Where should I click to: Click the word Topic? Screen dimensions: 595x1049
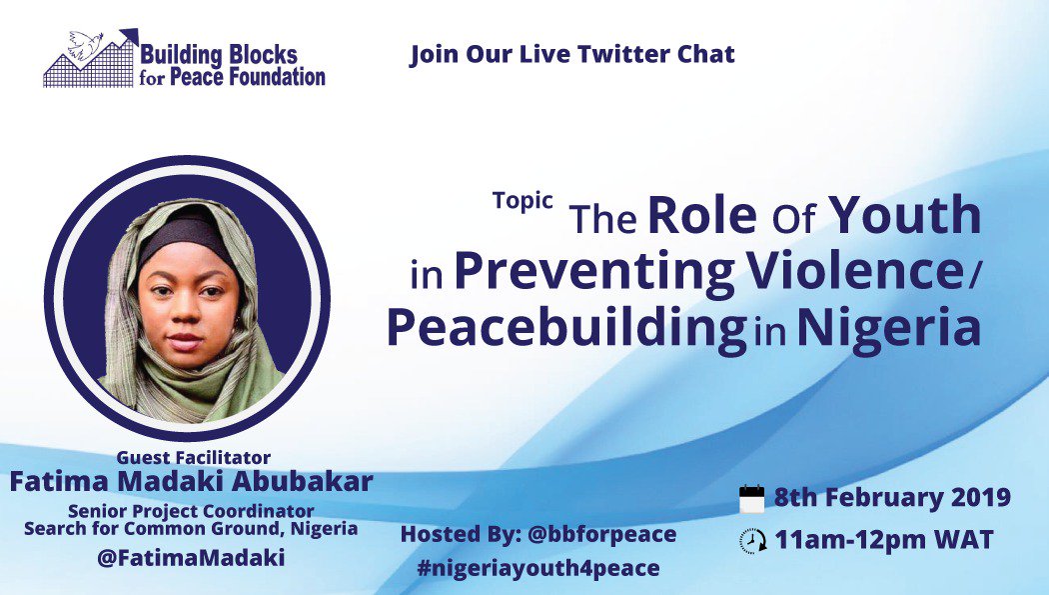[523, 200]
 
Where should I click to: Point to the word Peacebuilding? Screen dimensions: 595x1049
[566, 329]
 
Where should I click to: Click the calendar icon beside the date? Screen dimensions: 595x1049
[751, 498]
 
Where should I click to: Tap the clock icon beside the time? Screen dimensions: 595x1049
[751, 541]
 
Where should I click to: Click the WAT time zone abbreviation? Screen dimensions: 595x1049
[964, 541]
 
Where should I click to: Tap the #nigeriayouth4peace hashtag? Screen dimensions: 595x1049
[540, 568]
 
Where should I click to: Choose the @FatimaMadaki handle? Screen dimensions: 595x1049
[191, 558]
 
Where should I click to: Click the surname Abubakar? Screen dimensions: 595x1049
[309, 481]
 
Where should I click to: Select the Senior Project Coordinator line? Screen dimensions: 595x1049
[191, 511]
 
